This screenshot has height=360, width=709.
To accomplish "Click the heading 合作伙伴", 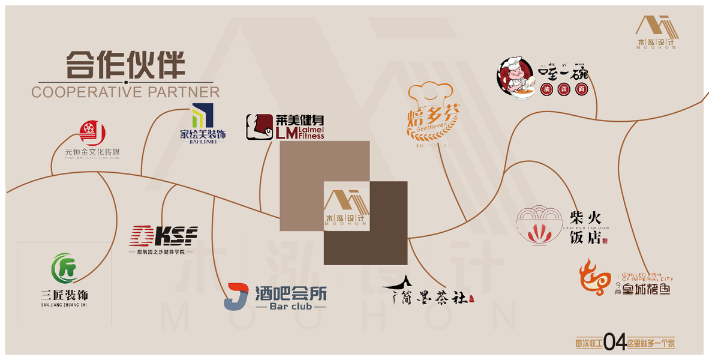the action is [125, 64].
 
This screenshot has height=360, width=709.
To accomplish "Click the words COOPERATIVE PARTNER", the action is [125, 92].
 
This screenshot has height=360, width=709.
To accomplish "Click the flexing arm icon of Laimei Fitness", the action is [259, 127].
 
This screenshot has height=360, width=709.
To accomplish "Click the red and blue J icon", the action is [236, 296].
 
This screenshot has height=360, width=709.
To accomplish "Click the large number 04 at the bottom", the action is [615, 343].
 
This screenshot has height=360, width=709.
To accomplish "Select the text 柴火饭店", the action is [585, 227].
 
